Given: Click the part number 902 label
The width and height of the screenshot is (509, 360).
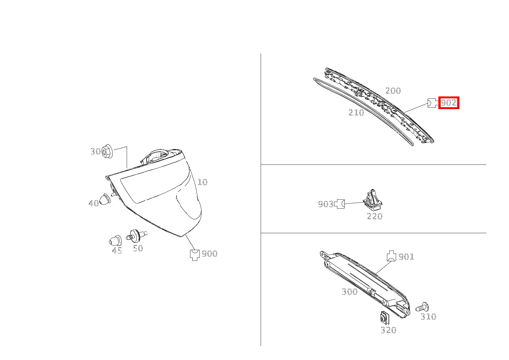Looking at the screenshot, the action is [449, 103].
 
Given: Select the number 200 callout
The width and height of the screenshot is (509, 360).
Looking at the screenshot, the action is [393, 91].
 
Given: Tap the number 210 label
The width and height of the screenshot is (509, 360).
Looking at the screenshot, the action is [356, 112].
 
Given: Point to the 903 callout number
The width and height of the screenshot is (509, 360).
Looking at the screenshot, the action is [326, 204].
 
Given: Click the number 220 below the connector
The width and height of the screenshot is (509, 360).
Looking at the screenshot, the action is [375, 216].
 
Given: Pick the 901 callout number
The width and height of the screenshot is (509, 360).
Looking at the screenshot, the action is [407, 257].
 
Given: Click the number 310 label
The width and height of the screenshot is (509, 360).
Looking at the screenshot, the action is [428, 317].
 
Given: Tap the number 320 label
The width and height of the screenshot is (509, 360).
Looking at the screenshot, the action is [388, 330].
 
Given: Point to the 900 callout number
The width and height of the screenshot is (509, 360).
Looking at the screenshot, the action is [210, 254].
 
